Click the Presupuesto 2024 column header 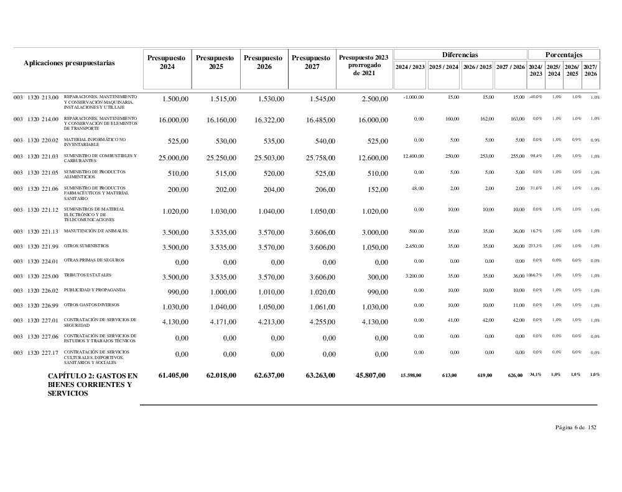pos(167,62)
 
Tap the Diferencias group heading pos(460,55)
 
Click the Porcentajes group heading pos(564,55)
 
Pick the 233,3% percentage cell pos(534,246)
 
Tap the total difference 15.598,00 pos(411,375)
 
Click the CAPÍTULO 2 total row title pos(93,385)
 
